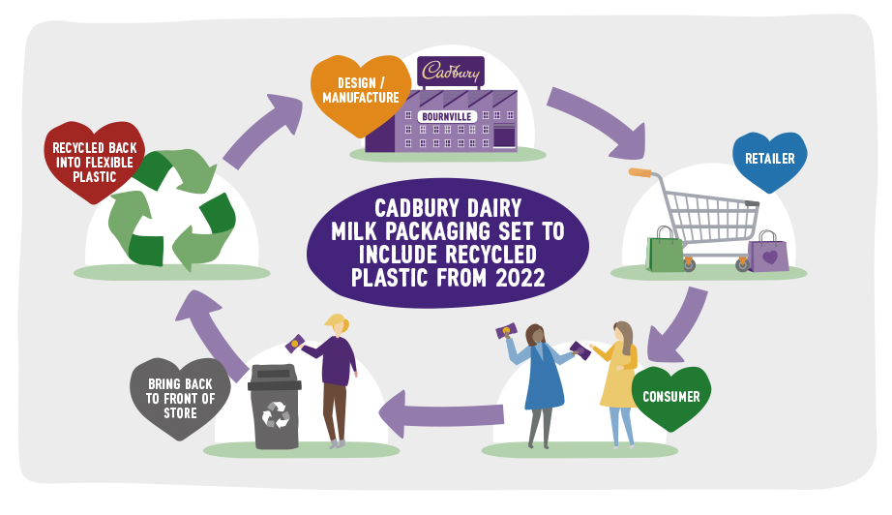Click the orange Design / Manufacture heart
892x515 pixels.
point(360,94)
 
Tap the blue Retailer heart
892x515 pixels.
point(770,160)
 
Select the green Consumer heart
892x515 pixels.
point(671,397)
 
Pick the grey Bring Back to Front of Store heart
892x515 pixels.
point(180,397)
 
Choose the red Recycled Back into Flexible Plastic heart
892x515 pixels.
point(95,161)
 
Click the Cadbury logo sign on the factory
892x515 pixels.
point(451,71)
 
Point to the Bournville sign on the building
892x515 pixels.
point(447,117)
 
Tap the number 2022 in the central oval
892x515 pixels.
point(520,278)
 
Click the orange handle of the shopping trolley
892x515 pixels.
point(640,172)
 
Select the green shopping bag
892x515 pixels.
point(665,252)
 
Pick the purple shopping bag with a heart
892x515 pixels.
point(768,254)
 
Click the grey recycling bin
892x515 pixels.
point(275,407)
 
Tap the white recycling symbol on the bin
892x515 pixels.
point(276,415)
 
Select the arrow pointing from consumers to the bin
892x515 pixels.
point(441,414)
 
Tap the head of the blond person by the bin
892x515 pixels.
point(338,325)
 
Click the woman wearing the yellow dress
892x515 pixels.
point(619,384)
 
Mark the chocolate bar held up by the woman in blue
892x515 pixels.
point(506,331)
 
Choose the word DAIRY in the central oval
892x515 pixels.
point(493,208)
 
